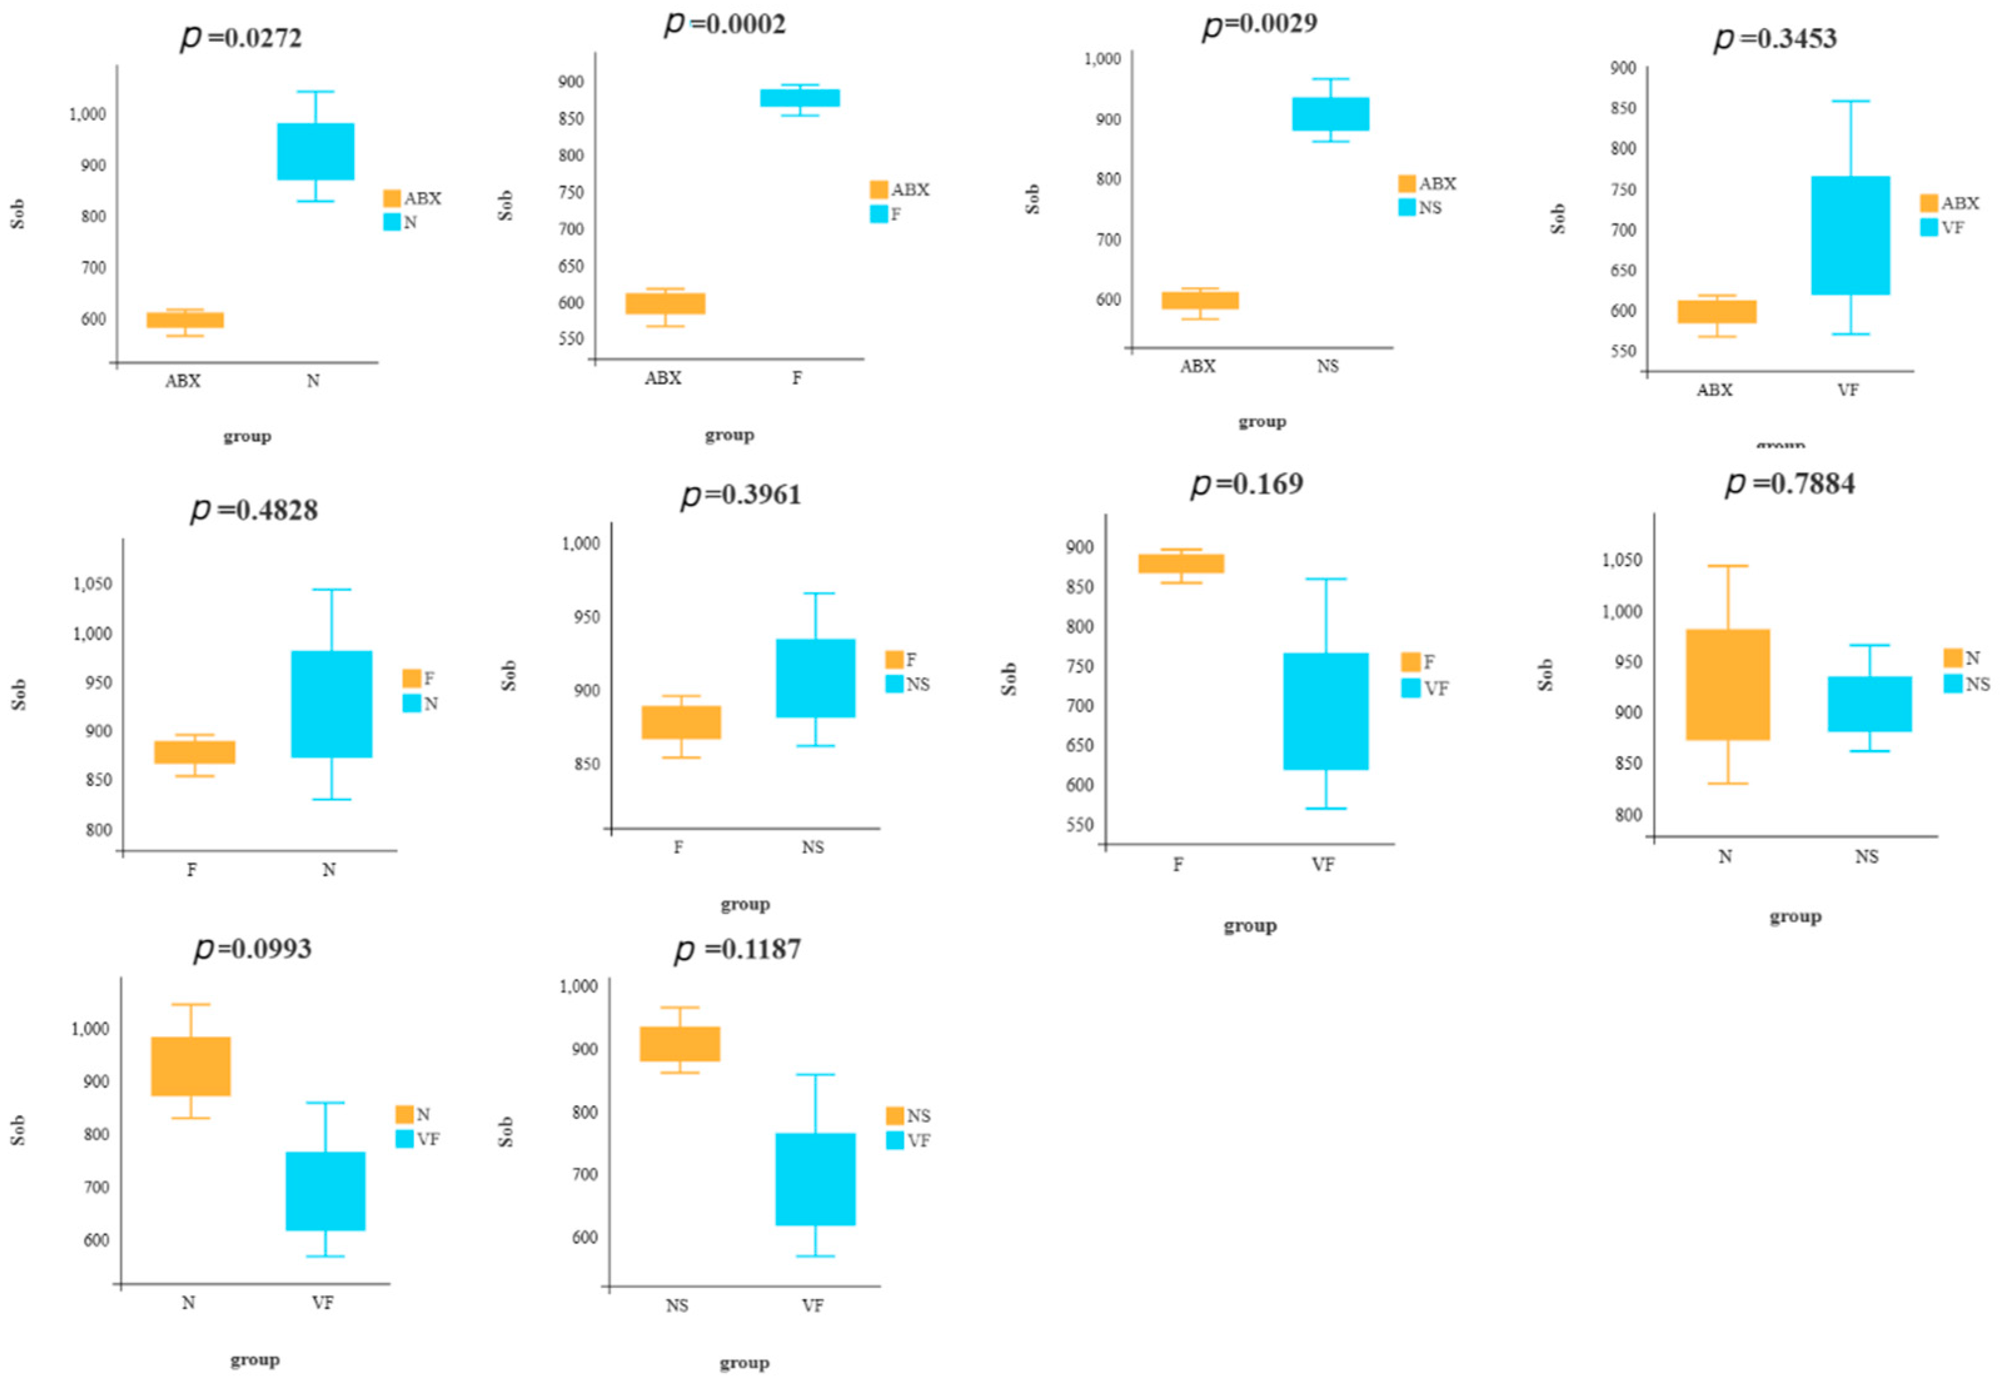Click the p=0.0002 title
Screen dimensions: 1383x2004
pyautogui.click(x=726, y=23)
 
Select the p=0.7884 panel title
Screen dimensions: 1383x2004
pyautogui.click(x=1790, y=483)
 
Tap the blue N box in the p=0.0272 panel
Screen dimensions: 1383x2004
pyautogui.click(x=315, y=151)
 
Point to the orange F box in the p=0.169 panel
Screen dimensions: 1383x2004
pyautogui.click(x=1180, y=563)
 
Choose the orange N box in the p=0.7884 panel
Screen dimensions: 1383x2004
pyautogui.click(x=1728, y=684)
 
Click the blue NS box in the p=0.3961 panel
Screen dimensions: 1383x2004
pyautogui.click(x=815, y=677)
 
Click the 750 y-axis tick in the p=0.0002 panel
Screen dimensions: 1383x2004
pyautogui.click(x=571, y=193)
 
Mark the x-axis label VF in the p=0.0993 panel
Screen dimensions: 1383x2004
pyautogui.click(x=322, y=1302)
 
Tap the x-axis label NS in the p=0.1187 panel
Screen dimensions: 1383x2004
pyautogui.click(x=677, y=1305)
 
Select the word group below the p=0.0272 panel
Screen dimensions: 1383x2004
pyautogui.click(x=247, y=436)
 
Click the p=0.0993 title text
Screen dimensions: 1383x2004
pyautogui.click(x=252, y=948)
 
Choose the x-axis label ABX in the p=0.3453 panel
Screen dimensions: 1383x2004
pyautogui.click(x=1714, y=390)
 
